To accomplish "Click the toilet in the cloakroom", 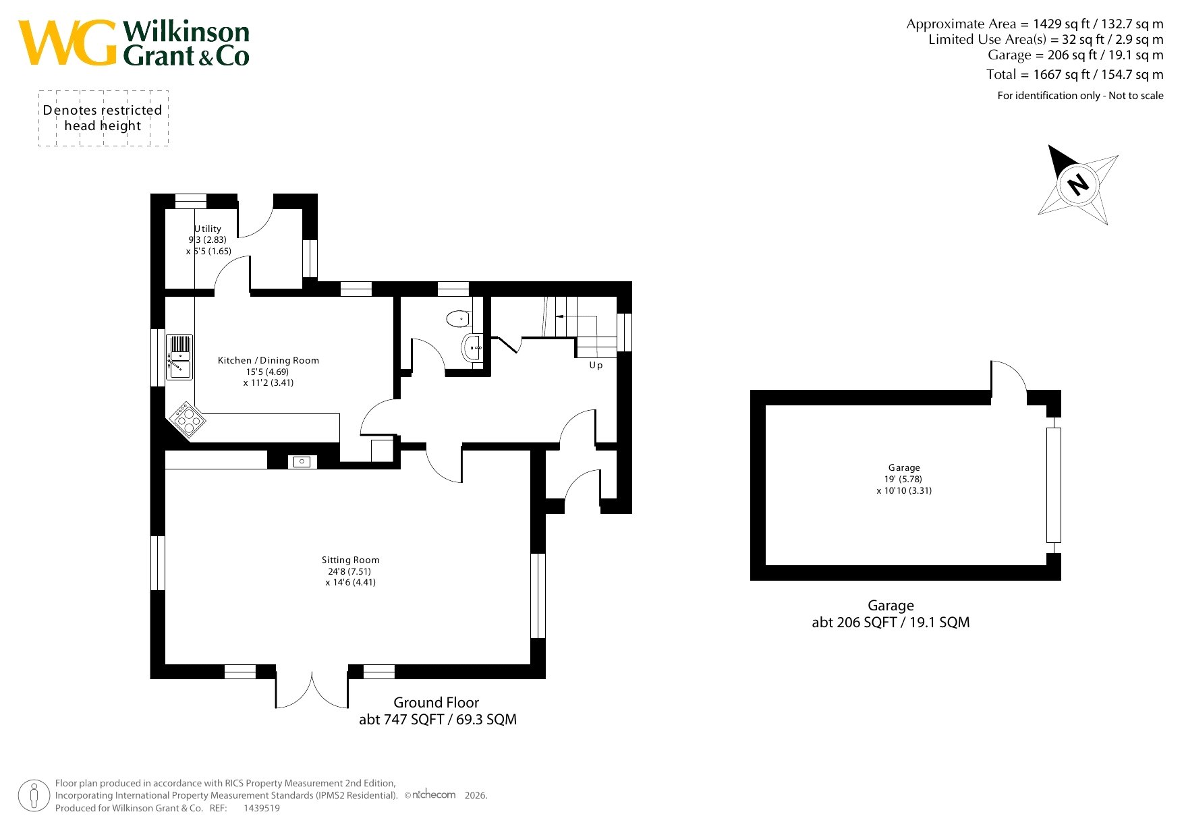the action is pos(459,318).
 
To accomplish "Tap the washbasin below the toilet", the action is pos(472,348).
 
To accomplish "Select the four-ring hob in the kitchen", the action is pos(188,420).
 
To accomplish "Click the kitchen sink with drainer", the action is pos(179,357).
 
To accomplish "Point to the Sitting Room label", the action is pos(351,560).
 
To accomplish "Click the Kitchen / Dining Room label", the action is pos(269,360).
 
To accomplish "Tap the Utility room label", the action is pos(208,229).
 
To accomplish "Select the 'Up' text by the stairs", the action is pos(596,366).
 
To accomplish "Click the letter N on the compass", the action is pos(1078,184).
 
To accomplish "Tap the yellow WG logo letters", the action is pos(67,42).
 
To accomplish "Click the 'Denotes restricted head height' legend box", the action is pos(103,118).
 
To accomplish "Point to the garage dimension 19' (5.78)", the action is pos(904,479).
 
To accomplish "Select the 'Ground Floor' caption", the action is pos(436,703).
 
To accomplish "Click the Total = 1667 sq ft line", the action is pos(1075,74).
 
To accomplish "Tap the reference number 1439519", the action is pos(262,808).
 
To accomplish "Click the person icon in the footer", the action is pos(34,796).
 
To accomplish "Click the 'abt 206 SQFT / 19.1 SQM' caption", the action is pos(891,623).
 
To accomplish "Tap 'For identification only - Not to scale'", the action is pos(1081,96).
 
